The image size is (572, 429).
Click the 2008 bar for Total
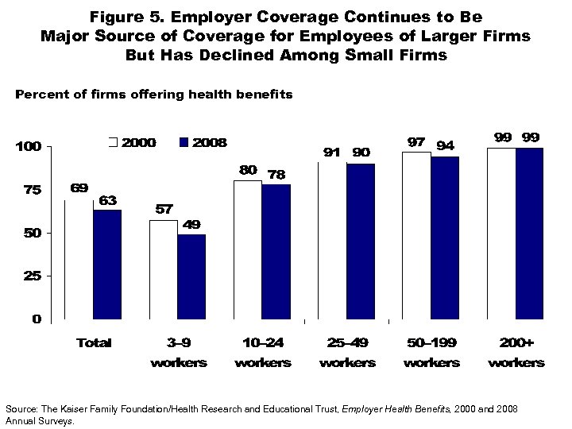[x=107, y=264]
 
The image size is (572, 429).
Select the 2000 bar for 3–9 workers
[x=164, y=269]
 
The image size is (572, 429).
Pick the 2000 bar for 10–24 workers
[x=248, y=249]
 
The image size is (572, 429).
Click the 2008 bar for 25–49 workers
[x=360, y=241]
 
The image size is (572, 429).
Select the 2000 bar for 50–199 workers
[x=416, y=235]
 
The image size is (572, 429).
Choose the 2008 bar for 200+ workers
[x=529, y=233]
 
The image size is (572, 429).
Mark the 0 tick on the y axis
[x=37, y=319]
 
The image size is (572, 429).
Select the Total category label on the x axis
[x=94, y=343]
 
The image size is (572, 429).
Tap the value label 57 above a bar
[x=162, y=209]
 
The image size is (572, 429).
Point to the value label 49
[x=191, y=224]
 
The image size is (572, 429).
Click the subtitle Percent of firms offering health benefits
[x=154, y=95]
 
